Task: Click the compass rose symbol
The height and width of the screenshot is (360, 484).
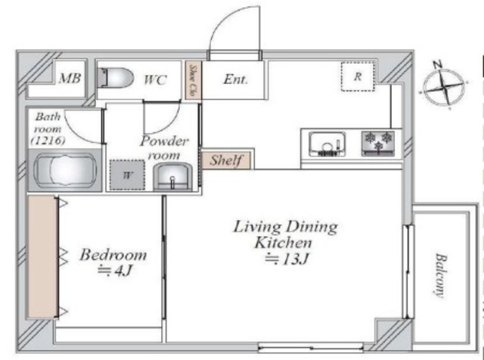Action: click(443, 86)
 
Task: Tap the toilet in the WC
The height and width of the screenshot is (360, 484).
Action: click(116, 77)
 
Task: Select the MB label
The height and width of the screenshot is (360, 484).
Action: click(70, 78)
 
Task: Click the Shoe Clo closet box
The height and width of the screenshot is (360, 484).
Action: click(194, 80)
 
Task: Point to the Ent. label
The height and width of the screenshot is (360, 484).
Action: click(235, 79)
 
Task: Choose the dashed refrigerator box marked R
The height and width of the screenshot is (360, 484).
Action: click(358, 76)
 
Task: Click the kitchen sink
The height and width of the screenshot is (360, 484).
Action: click(327, 144)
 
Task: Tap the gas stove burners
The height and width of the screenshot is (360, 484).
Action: click(378, 143)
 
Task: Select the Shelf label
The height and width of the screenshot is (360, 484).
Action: click(226, 160)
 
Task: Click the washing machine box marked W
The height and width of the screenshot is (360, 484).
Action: click(127, 175)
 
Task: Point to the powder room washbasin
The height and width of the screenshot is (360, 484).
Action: click(173, 177)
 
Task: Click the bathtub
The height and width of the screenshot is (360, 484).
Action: click(65, 170)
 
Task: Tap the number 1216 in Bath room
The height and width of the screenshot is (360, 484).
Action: click(48, 141)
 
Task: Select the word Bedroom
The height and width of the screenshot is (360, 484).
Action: click(113, 255)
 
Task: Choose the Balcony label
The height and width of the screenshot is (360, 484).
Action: click(441, 276)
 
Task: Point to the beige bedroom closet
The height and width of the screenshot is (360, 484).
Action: click(42, 257)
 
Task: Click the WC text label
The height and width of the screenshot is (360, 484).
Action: click(155, 79)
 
